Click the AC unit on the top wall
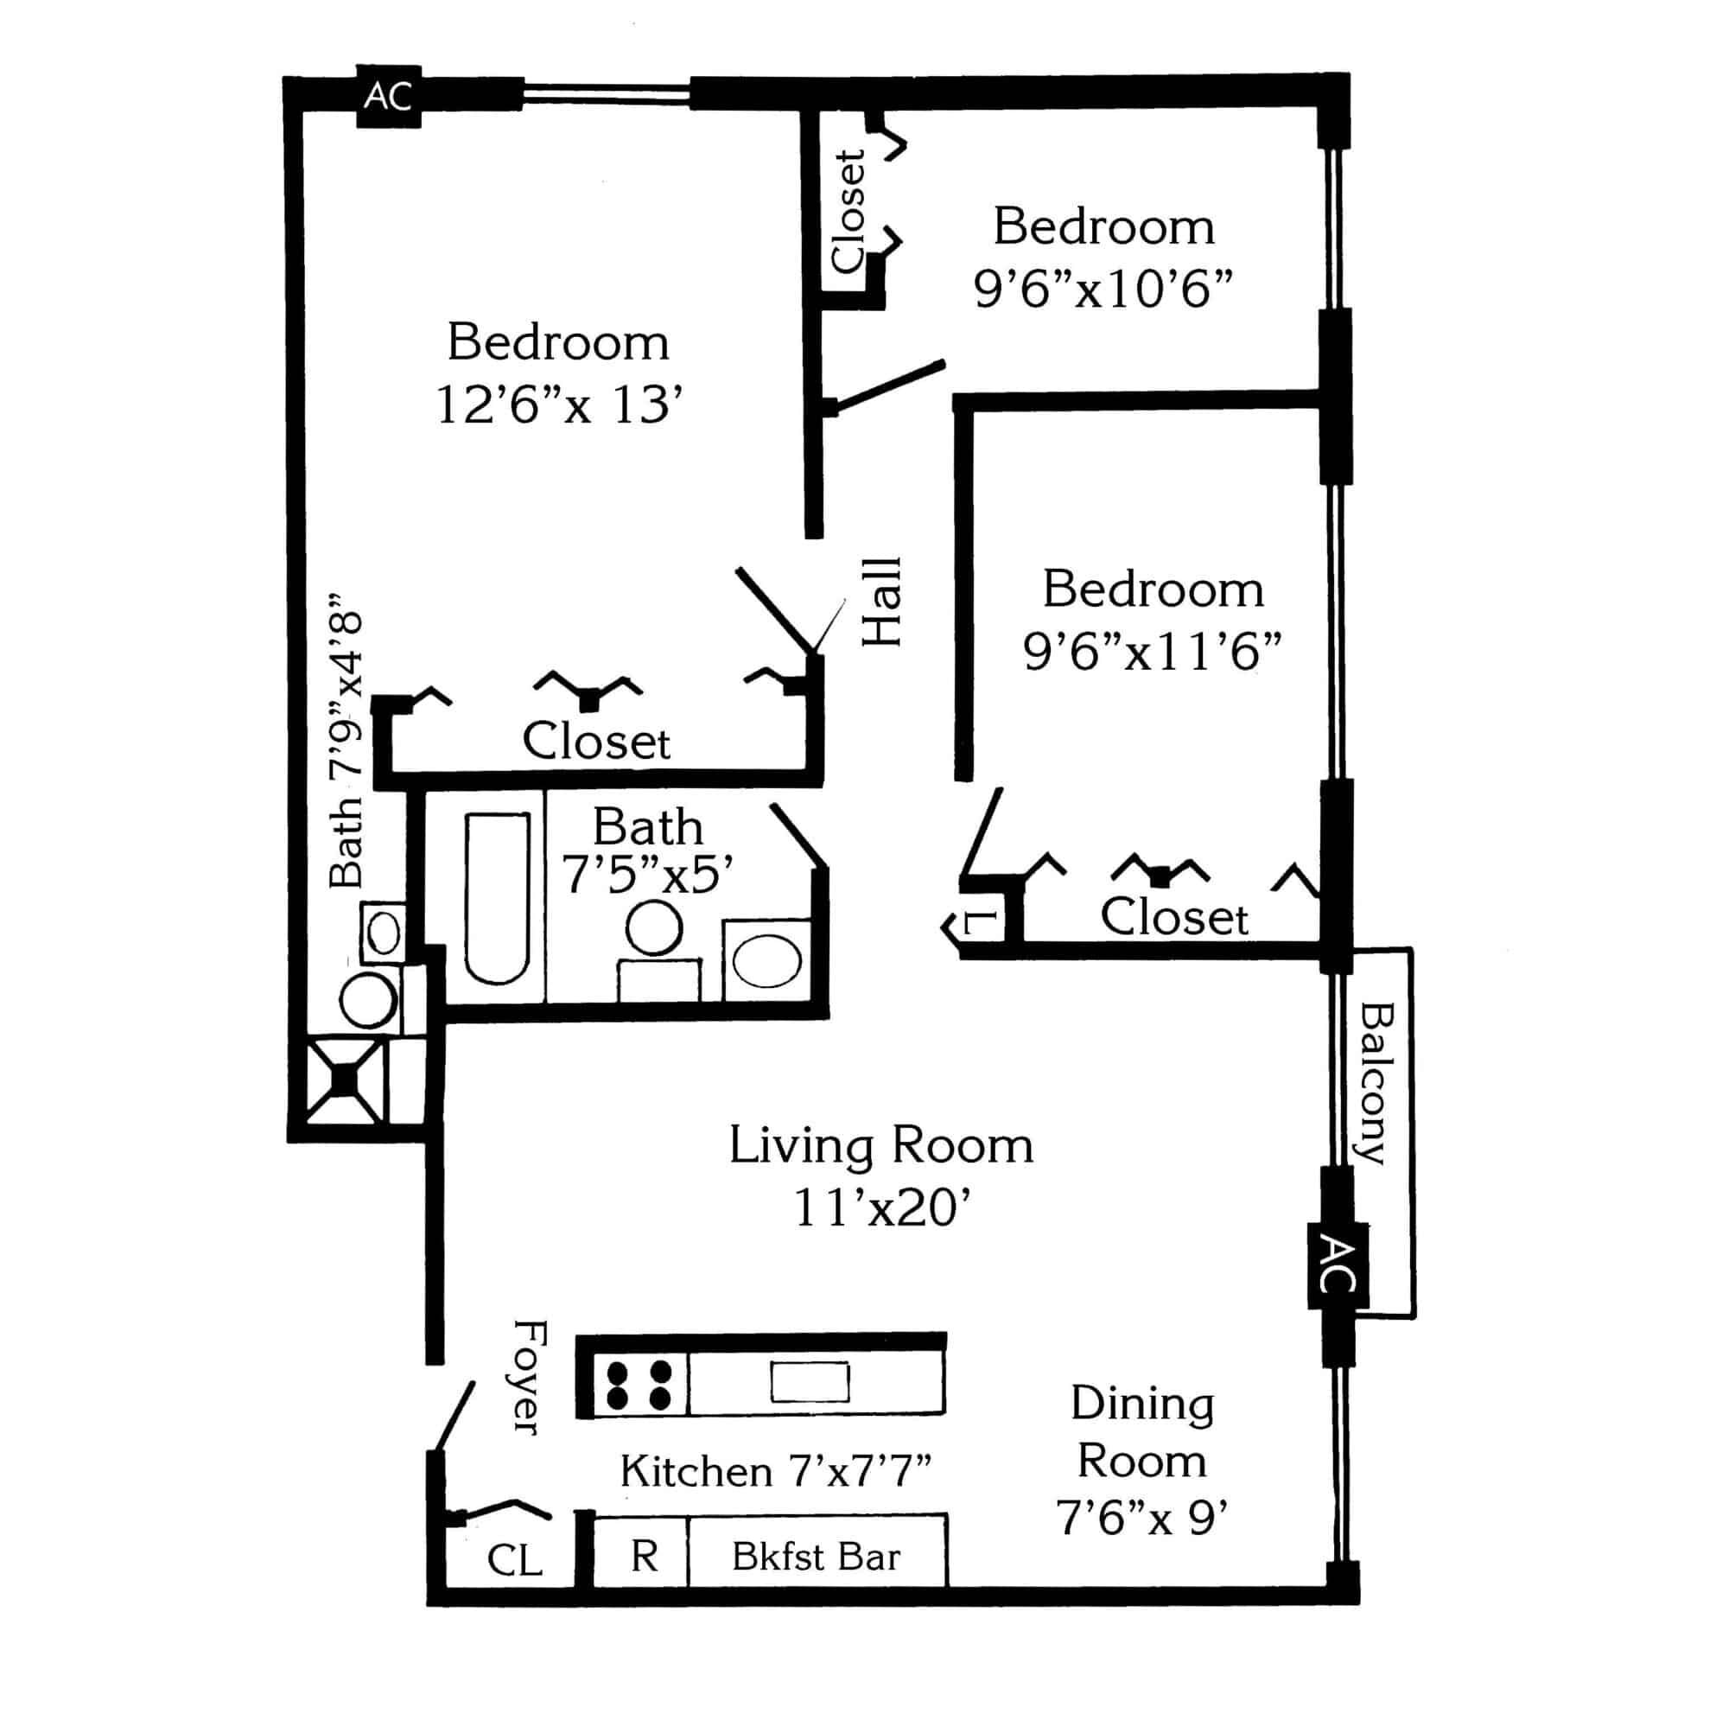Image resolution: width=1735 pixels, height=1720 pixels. click(389, 96)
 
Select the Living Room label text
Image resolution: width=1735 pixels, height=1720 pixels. click(881, 1147)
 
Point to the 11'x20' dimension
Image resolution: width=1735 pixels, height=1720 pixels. click(883, 1208)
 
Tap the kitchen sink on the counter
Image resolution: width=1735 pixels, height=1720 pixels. click(810, 1381)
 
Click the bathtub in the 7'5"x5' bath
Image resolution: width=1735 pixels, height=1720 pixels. click(497, 898)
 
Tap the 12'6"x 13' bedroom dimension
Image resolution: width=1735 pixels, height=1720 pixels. click(554, 405)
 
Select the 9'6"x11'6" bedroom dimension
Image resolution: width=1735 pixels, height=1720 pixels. click(1152, 651)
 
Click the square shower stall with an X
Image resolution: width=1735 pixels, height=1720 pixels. click(345, 1080)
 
